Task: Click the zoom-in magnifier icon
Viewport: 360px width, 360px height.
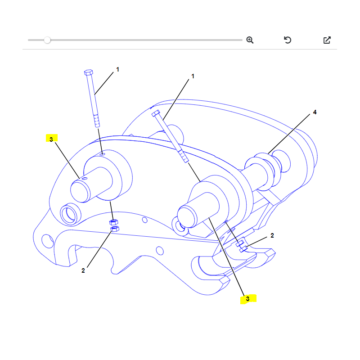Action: (x=250, y=40)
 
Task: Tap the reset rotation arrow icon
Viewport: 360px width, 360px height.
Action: (x=288, y=40)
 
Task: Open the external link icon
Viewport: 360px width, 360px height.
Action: (x=327, y=40)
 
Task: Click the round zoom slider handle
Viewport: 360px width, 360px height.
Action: (x=47, y=40)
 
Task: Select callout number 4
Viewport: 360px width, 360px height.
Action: (x=315, y=112)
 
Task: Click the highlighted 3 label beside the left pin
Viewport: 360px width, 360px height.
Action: (x=51, y=139)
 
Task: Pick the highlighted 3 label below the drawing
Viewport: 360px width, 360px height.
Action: (x=248, y=299)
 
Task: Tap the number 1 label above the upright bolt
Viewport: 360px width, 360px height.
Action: (x=117, y=69)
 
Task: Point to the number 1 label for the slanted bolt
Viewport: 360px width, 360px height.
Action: (x=193, y=76)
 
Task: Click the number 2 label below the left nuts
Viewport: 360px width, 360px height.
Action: (x=83, y=270)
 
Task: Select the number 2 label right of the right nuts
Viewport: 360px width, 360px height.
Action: (x=272, y=235)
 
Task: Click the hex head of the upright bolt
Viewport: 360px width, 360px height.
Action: (x=88, y=72)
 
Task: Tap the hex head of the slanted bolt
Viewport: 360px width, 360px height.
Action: (x=156, y=113)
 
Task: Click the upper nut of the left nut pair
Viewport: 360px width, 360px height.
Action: (x=114, y=222)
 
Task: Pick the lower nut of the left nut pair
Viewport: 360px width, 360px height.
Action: (x=115, y=229)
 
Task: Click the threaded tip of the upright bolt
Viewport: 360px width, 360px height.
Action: (x=97, y=121)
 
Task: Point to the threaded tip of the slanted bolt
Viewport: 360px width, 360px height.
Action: (x=184, y=156)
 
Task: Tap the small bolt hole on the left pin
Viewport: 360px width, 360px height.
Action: (x=85, y=178)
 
